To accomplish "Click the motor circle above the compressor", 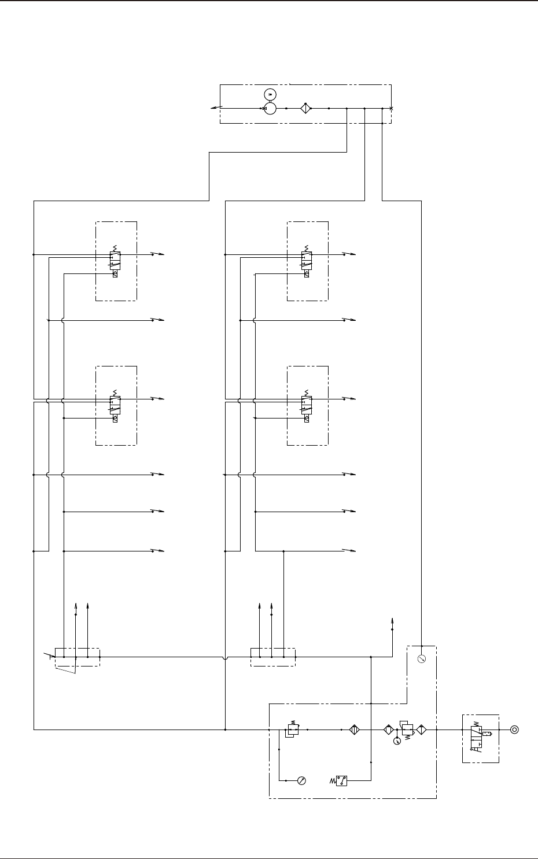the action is coord(270,94).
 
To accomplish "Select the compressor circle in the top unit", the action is coord(270,108).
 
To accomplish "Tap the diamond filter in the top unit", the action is coord(305,108).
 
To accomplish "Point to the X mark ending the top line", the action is coord(392,108).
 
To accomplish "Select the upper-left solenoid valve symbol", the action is coord(115,261).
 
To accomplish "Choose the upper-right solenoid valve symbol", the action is coord(306,261).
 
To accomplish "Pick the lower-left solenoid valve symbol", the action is coord(115,406).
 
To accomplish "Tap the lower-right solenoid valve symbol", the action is coord(306,406).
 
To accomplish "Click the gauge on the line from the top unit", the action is coord(422,659).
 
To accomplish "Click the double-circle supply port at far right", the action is coord(514,730).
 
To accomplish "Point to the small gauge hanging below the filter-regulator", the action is coord(396,741).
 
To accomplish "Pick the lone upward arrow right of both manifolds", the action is coord(393,624).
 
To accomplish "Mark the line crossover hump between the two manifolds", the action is coord(224,657).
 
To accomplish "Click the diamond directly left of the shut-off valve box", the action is coord(421,730).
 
